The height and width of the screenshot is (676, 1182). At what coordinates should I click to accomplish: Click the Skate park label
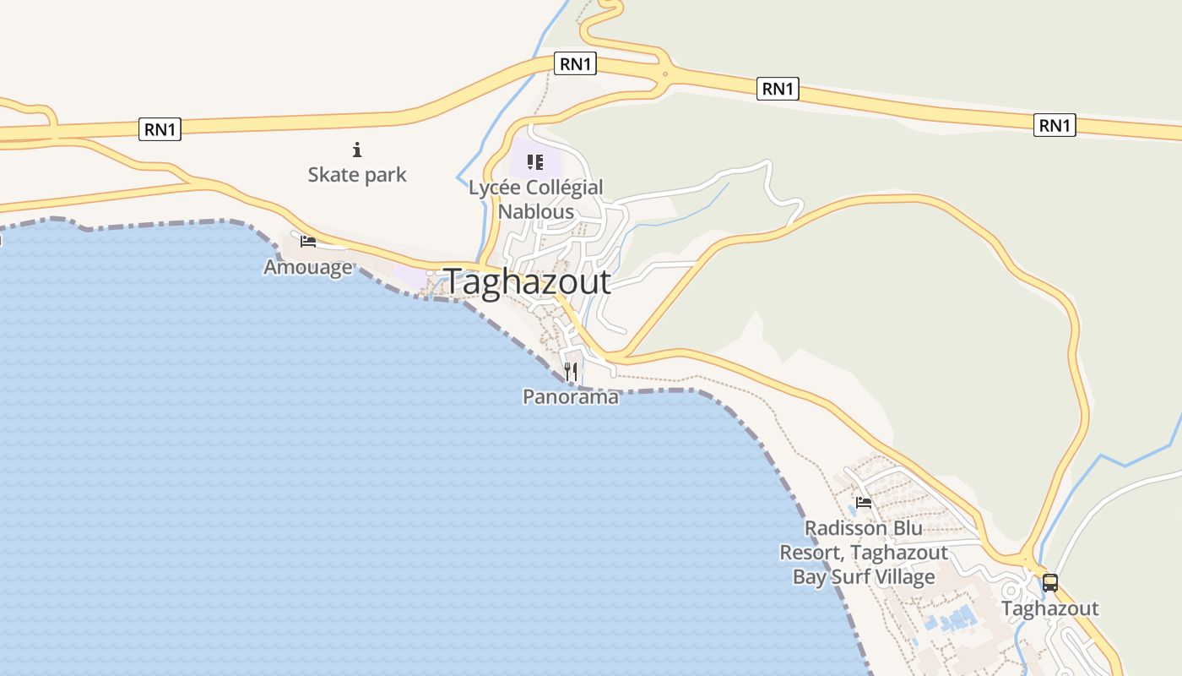coord(357,175)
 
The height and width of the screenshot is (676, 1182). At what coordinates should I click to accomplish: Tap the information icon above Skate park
coord(357,150)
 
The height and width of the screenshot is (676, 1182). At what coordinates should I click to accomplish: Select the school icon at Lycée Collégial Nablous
coord(535,161)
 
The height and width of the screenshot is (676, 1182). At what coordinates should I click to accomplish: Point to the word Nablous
coord(536,211)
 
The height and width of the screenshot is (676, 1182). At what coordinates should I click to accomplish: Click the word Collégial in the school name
coord(565,188)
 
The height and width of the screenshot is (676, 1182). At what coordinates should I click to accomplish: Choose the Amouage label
coord(308,268)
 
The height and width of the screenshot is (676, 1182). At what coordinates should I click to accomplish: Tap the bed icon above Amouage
coord(308,242)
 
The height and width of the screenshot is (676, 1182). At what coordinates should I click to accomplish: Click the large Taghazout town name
coord(528,281)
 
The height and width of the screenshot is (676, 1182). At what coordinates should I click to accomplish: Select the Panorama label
coord(571,396)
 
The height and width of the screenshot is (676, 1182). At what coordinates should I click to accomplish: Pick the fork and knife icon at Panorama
coord(571,371)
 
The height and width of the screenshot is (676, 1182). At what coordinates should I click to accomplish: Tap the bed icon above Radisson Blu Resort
coord(864,503)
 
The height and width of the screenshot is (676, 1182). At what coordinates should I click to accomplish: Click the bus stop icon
coord(1049,582)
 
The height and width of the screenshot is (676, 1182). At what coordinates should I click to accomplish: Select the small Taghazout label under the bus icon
coord(1050,608)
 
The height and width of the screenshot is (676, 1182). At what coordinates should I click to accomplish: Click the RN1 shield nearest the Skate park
coord(160,129)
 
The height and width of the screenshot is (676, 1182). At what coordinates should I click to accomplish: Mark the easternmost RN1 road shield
coord(1055,126)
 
